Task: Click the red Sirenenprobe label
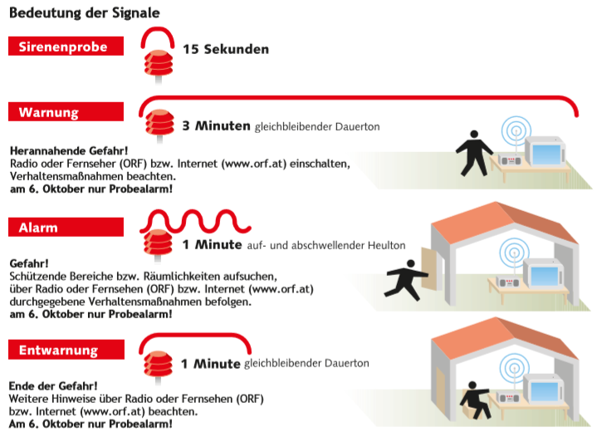[x=66, y=46]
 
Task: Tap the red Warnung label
[x=66, y=112]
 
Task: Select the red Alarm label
[x=66, y=227]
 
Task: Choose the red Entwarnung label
[x=66, y=350]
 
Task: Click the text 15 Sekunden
[x=226, y=49]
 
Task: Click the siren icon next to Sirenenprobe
[x=158, y=66]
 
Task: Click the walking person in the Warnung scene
[x=474, y=153]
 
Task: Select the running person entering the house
[x=406, y=280]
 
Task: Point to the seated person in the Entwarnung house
[x=475, y=400]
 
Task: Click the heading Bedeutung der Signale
[x=85, y=12]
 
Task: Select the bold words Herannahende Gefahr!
[x=69, y=150]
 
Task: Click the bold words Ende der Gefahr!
[x=53, y=385]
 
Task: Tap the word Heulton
[x=386, y=245]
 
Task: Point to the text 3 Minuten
[x=216, y=125]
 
